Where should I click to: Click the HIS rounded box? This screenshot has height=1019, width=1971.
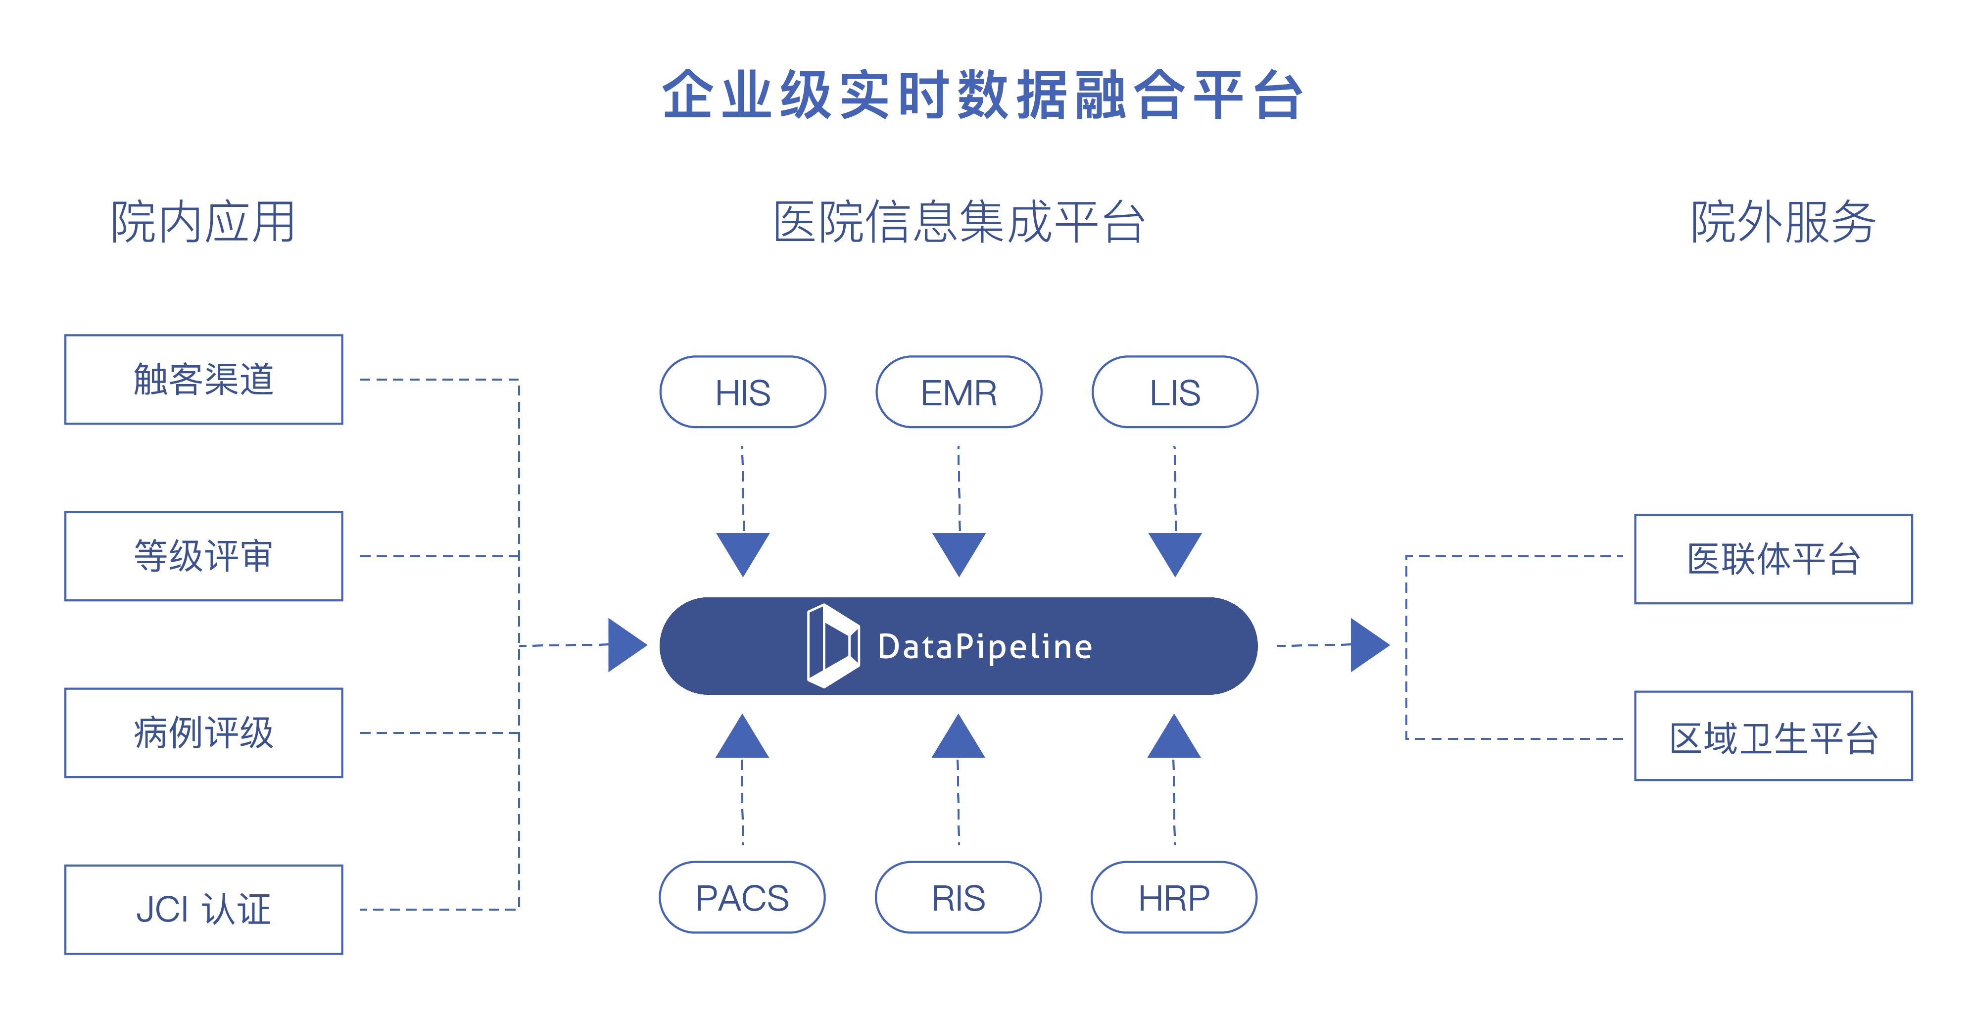point(742,391)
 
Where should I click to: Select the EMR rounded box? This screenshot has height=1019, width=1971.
point(958,391)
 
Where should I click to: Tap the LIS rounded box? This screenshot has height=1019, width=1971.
point(1174,391)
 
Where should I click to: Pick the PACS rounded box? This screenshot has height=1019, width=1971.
point(741,897)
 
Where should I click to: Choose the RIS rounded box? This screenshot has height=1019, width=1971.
point(958,897)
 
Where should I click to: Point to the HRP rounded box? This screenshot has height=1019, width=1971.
point(1174,897)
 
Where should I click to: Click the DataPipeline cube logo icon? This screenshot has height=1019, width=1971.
point(832,646)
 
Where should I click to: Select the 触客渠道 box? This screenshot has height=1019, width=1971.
point(203,380)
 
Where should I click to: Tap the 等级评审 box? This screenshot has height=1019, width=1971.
point(203,556)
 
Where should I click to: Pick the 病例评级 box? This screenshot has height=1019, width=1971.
point(203,733)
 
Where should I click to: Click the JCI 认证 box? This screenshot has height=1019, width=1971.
point(203,910)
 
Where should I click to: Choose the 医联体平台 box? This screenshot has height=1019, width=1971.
point(1773,559)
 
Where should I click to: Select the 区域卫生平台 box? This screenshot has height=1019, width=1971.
point(1773,736)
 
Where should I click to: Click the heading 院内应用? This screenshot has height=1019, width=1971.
point(203,222)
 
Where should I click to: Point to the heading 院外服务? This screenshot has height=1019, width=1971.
point(1783,222)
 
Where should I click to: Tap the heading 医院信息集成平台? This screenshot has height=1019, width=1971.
point(959,222)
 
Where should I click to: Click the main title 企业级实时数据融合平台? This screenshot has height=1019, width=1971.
point(983,95)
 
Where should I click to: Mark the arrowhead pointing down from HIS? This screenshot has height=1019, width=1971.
point(742,552)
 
